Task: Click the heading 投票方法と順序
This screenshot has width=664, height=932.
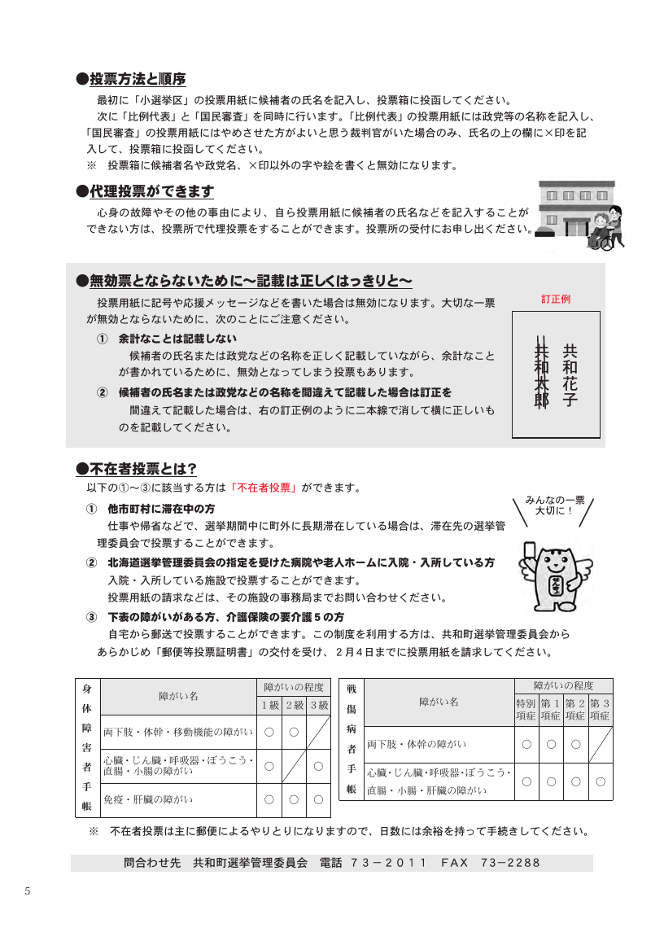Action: pyautogui.click(x=137, y=79)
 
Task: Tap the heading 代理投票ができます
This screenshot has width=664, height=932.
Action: pyautogui.click(x=151, y=192)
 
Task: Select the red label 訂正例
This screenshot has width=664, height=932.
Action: pyautogui.click(x=556, y=299)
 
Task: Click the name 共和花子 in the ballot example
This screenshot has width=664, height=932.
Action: pyautogui.click(x=570, y=374)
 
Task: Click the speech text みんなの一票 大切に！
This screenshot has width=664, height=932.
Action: pyautogui.click(x=555, y=505)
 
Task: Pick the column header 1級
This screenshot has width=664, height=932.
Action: pyautogui.click(x=269, y=705)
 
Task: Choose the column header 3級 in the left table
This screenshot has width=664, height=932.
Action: pyautogui.click(x=318, y=705)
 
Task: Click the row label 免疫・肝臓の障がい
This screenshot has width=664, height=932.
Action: pyautogui.click(x=148, y=800)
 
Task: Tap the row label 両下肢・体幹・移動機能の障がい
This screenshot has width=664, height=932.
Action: pyautogui.click(x=177, y=732)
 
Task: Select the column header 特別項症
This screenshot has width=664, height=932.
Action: pyautogui.click(x=526, y=709)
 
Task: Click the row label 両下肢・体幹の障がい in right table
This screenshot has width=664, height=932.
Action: pyautogui.click(x=417, y=744)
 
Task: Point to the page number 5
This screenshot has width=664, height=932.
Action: pyautogui.click(x=27, y=890)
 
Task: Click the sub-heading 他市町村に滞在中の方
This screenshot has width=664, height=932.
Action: pyautogui.click(x=161, y=509)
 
